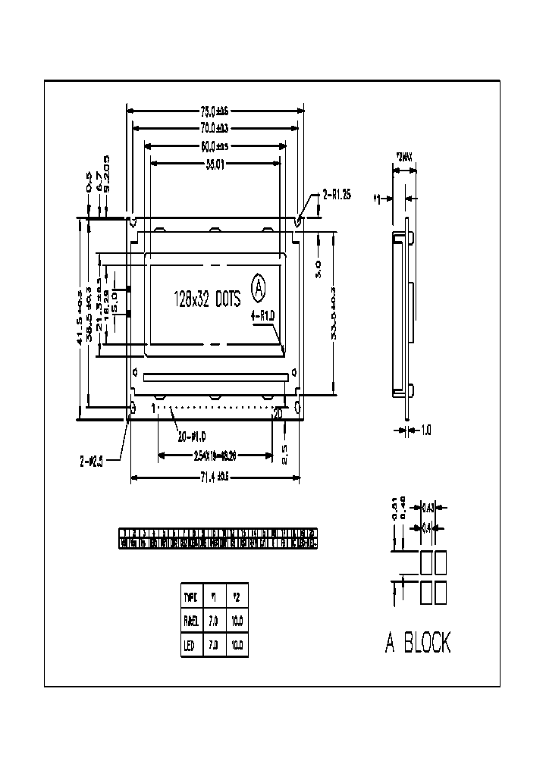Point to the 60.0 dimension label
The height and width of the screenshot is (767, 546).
[x=215, y=146]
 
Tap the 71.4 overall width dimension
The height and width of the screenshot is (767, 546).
[x=215, y=477]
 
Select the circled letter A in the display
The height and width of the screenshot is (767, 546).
[x=259, y=288]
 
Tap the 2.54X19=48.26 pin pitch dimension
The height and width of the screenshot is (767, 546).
[x=215, y=456]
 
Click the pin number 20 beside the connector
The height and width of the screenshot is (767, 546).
[x=278, y=412]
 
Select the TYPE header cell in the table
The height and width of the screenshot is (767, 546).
[x=190, y=596]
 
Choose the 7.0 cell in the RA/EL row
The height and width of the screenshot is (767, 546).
[x=213, y=621]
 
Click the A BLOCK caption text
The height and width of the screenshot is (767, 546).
[x=418, y=643]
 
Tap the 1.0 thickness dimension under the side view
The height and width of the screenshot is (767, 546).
[x=425, y=430]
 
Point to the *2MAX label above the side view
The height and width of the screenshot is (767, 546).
[x=403, y=158]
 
